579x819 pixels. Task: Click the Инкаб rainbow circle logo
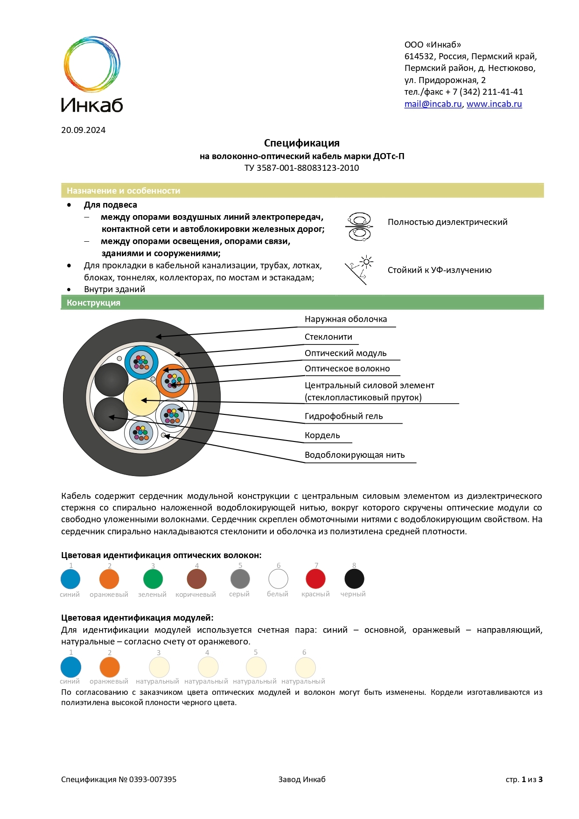pyautogui.click(x=92, y=64)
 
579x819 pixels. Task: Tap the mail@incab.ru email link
pyautogui.click(x=433, y=104)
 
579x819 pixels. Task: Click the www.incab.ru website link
pyautogui.click(x=494, y=104)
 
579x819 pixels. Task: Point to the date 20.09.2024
pyautogui.click(x=83, y=130)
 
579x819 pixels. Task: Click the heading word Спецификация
pyautogui.click(x=301, y=143)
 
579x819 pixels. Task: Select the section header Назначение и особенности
pyautogui.click(x=123, y=191)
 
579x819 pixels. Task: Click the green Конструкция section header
pyautogui.click(x=93, y=303)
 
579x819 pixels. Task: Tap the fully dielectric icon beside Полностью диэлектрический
pyautogui.click(x=359, y=227)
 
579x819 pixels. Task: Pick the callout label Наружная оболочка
pyautogui.click(x=345, y=319)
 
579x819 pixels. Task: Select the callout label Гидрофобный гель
pyautogui.click(x=343, y=416)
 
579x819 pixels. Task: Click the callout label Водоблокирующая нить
pyautogui.click(x=354, y=455)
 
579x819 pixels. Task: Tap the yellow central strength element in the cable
pyautogui.click(x=141, y=398)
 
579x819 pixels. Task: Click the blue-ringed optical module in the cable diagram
pyautogui.click(x=141, y=363)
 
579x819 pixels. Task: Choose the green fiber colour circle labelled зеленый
pyautogui.click(x=153, y=579)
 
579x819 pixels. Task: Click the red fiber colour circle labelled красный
pyautogui.click(x=315, y=579)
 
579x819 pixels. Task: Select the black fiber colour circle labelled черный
pyautogui.click(x=354, y=579)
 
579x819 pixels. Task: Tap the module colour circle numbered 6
pyautogui.click(x=305, y=667)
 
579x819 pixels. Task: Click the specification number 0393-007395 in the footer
pyautogui.click(x=153, y=779)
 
